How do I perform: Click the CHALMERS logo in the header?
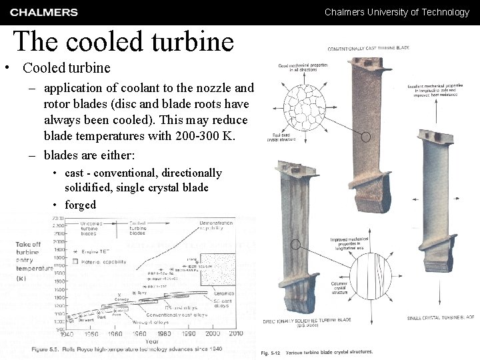coord(44,12)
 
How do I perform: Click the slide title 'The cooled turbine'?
coord(124,41)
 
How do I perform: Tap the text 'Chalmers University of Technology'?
coord(397,12)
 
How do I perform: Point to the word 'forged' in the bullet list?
coord(80,205)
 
